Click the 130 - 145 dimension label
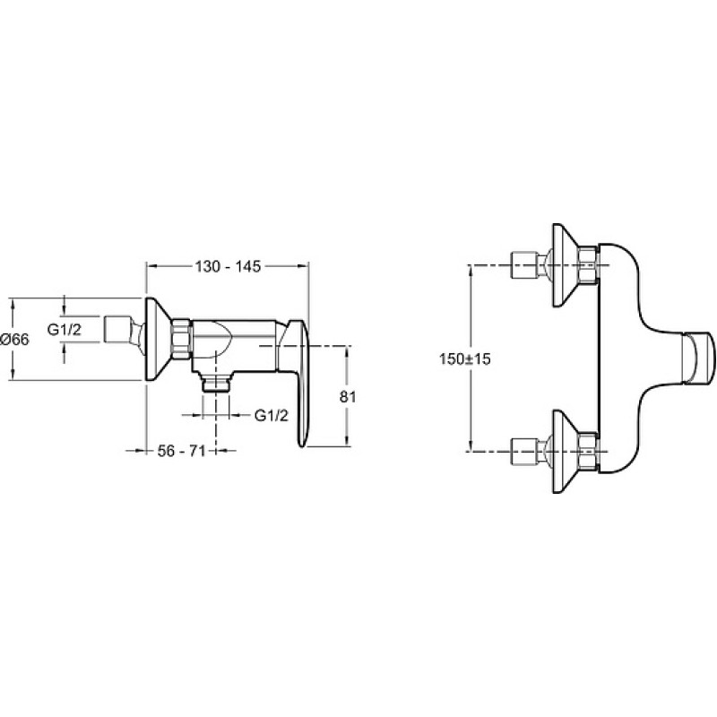pyautogui.click(x=228, y=266)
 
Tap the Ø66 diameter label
pyautogui.click(x=14, y=339)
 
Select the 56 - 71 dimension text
pyautogui.click(x=181, y=451)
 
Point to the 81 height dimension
pyautogui.click(x=348, y=396)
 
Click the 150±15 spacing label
pyautogui.click(x=464, y=358)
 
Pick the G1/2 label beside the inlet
pyautogui.click(x=65, y=329)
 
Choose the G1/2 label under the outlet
pyautogui.click(x=272, y=415)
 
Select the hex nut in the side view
pyautogui.click(x=181, y=339)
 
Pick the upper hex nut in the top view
pyautogui.click(x=588, y=264)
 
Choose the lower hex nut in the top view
pyautogui.click(x=588, y=452)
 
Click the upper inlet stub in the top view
pyautogui.click(x=531, y=264)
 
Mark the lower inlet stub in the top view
pyautogui.click(x=531, y=452)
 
